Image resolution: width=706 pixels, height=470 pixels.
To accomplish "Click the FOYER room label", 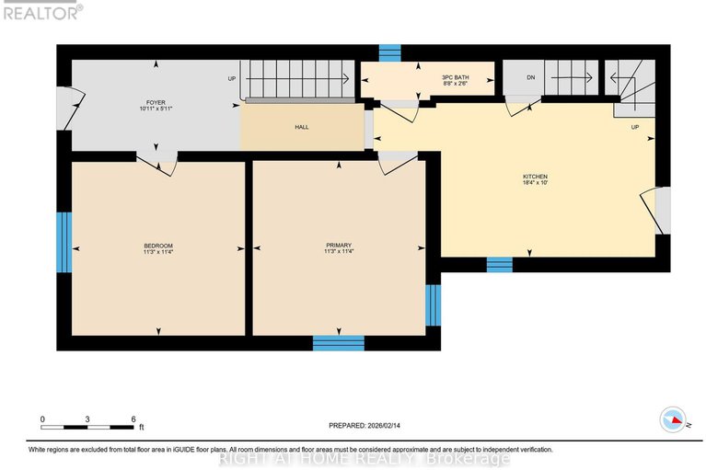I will point(155,102).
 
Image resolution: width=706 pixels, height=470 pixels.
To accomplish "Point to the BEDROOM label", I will point(158,246).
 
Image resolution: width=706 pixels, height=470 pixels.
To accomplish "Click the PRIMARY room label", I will point(339,246).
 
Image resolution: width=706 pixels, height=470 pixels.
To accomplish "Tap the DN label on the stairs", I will point(531,77).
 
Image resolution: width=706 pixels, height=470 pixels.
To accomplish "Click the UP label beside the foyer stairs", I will point(232,78).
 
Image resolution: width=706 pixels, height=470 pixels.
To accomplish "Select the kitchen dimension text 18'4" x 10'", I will point(535,183).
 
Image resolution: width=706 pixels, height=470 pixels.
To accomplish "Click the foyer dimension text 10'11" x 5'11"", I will point(155,109).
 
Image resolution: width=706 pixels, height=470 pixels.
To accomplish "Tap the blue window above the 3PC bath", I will point(391,52).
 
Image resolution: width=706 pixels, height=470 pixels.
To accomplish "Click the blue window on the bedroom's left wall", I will point(64,242).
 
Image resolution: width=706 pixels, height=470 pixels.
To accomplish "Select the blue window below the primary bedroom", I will point(338,343).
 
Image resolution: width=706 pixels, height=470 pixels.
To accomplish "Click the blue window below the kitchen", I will point(499,265).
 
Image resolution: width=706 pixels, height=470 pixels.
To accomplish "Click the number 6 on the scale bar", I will point(134,418).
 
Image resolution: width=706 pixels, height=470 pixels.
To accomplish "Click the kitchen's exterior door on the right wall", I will point(662,209).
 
